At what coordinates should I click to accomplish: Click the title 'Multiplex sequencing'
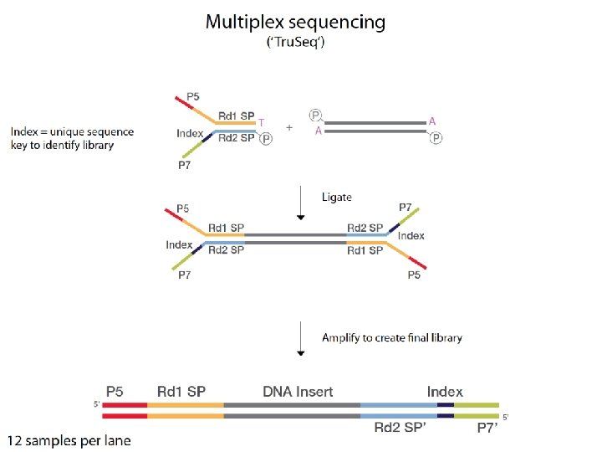point(295,22)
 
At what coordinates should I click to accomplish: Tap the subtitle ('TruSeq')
point(295,43)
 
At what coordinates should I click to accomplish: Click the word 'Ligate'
point(337,198)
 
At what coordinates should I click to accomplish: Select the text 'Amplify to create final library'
point(392,338)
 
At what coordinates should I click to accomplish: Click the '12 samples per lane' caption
point(69,440)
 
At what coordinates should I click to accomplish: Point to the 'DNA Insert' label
point(298,392)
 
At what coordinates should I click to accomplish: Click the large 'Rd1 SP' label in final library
point(181,392)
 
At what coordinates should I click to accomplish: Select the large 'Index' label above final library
point(445,392)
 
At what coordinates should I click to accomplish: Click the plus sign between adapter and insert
point(289,128)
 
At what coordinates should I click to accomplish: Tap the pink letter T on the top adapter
point(261,122)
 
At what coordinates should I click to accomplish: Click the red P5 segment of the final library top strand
point(124,405)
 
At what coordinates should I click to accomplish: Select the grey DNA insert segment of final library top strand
point(292,405)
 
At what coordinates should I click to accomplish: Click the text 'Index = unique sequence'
point(73,132)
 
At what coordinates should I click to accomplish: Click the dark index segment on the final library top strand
point(446,405)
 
